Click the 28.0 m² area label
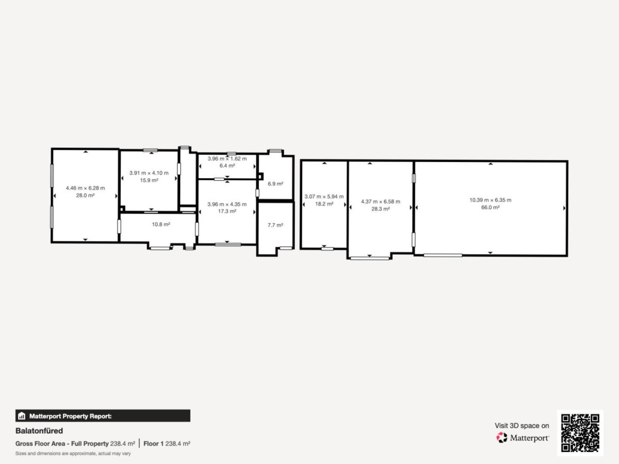[x=85, y=195]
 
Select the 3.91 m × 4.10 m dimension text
[x=149, y=173]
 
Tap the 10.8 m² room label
[x=161, y=224]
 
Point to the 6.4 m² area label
[x=227, y=166]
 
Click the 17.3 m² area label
[x=227, y=211]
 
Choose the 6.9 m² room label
[x=276, y=184]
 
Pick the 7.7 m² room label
[x=276, y=225]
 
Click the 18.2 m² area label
[x=324, y=204]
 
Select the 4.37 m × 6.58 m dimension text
[x=381, y=202]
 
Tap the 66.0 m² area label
[x=490, y=207]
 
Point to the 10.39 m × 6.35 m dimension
[x=490, y=200]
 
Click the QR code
[x=580, y=433]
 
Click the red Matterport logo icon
[x=502, y=437]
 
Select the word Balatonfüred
[x=39, y=430]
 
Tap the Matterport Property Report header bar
[x=103, y=416]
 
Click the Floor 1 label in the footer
[x=154, y=443]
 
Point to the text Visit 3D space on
[x=522, y=425]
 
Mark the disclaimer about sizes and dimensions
[x=73, y=453]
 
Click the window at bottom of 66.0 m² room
[x=443, y=256]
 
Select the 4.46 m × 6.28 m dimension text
[x=85, y=188]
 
